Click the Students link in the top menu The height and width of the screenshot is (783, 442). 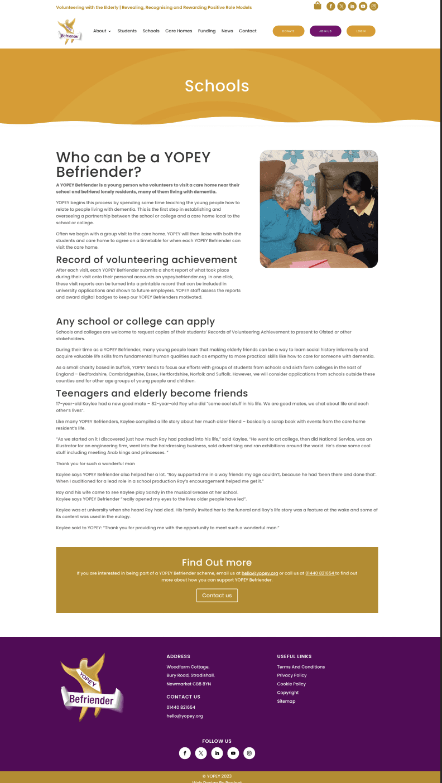(x=127, y=31)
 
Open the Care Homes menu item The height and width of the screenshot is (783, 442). (x=179, y=31)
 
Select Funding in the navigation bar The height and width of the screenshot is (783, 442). (x=206, y=31)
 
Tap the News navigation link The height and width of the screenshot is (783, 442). (x=227, y=31)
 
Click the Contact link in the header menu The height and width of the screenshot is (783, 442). (x=248, y=31)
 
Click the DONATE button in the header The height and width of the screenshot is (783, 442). (x=288, y=31)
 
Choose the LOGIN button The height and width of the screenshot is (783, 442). (x=361, y=31)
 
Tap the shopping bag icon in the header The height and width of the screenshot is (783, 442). (x=318, y=6)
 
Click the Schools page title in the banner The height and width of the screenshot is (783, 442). (x=217, y=86)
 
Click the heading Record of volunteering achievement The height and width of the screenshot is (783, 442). (x=146, y=260)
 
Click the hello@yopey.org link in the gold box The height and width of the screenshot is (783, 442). (x=260, y=573)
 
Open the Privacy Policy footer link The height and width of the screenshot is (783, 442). (x=291, y=675)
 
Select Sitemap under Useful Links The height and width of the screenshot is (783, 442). (x=286, y=701)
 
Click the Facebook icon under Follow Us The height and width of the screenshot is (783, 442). (x=185, y=753)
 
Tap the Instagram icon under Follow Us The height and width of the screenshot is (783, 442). (x=249, y=753)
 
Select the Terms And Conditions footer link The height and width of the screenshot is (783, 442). (x=301, y=667)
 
